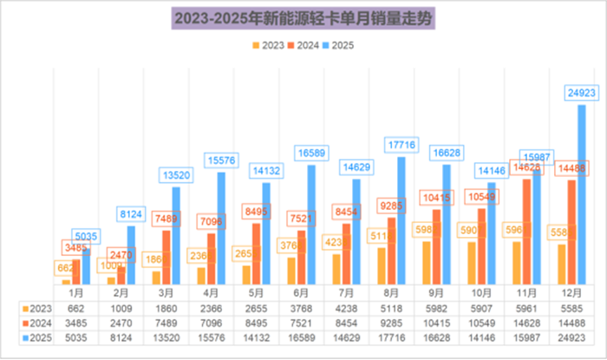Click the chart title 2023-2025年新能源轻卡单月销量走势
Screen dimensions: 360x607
point(303,17)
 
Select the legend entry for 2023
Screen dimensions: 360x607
point(268,44)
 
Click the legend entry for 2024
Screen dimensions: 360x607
point(304,44)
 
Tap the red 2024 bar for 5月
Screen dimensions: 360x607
point(258,254)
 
